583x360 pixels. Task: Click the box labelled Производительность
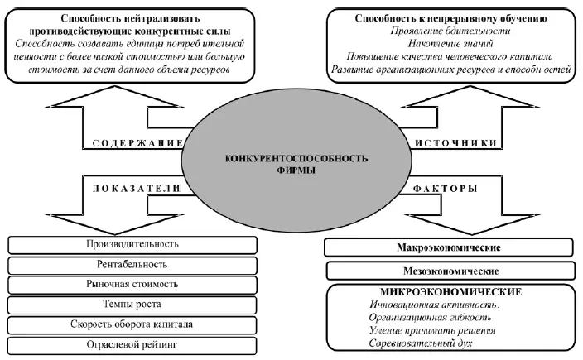(132, 245)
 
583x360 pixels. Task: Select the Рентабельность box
(132, 265)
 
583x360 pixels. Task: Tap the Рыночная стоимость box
(132, 284)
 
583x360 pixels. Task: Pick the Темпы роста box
(132, 304)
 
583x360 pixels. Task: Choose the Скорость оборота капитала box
(132, 323)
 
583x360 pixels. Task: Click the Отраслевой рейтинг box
(132, 343)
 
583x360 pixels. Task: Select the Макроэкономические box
(450, 247)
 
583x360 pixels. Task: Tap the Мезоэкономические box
(450, 271)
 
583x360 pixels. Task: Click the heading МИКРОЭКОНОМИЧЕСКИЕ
(450, 292)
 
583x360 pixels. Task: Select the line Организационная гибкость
(431, 317)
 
